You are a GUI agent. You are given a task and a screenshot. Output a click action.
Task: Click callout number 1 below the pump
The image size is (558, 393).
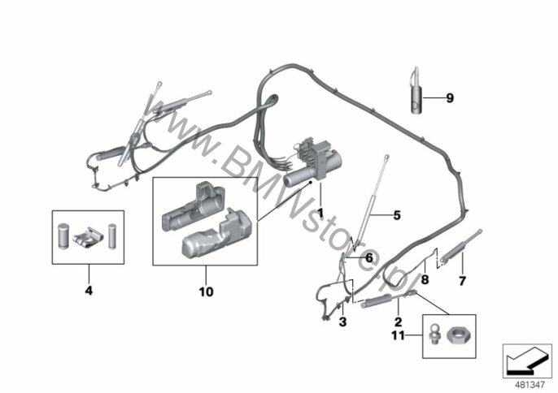tap(320, 214)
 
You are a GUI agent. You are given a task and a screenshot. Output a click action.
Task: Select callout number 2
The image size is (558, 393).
tap(399, 322)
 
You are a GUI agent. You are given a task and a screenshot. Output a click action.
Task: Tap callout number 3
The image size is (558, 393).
tap(342, 322)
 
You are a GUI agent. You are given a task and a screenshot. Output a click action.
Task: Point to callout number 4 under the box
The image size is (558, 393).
tap(89, 291)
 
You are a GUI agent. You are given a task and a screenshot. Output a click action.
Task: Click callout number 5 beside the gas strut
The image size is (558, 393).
tap(397, 215)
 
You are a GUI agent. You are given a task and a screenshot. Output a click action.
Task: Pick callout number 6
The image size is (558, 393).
tap(369, 258)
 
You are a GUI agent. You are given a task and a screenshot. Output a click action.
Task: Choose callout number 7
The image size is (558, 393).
tap(462, 281)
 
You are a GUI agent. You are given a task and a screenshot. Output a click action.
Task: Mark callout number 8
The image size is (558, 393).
tap(425, 279)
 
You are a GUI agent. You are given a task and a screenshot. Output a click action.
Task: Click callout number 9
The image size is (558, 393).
tap(450, 97)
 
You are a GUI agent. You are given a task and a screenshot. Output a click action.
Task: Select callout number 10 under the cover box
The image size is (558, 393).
tap(206, 292)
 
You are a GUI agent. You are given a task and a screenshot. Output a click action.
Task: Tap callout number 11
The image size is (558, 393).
tap(399, 335)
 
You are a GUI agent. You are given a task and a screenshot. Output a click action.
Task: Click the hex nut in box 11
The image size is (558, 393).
tap(460, 335)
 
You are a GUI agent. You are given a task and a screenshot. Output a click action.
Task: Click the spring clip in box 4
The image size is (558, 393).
tap(88, 236)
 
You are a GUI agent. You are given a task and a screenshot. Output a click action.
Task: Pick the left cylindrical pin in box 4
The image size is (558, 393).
tap(63, 236)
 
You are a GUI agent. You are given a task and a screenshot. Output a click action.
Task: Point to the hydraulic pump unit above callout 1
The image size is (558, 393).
tap(313, 162)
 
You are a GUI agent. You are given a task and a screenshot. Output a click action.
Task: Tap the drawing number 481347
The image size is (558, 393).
tap(530, 384)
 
